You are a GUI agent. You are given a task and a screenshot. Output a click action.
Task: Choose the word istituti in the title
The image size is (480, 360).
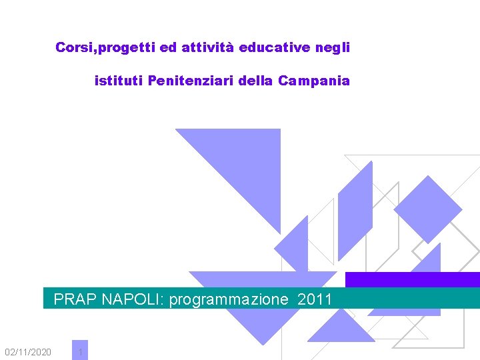pos(119,81)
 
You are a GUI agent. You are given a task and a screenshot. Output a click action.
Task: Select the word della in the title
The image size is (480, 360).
pos(257,81)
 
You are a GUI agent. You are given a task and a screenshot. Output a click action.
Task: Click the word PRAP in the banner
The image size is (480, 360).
pos(75,299)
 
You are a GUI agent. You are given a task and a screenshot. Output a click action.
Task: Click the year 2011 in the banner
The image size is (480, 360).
pos(315,299)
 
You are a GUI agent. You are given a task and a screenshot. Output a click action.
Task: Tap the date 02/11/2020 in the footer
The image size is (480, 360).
pos(27,351)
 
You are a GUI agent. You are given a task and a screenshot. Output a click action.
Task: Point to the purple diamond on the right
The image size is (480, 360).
pos(427,209)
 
